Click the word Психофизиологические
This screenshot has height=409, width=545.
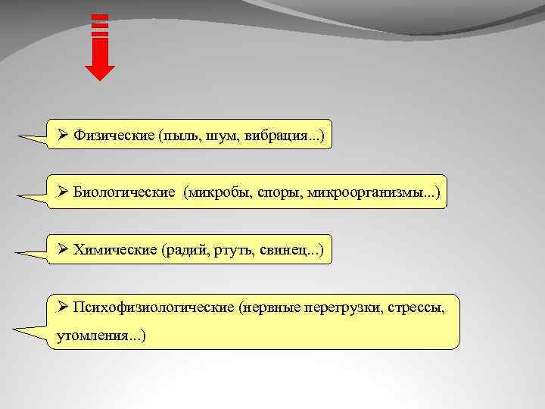tap(153, 308)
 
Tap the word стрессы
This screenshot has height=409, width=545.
tap(414, 308)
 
